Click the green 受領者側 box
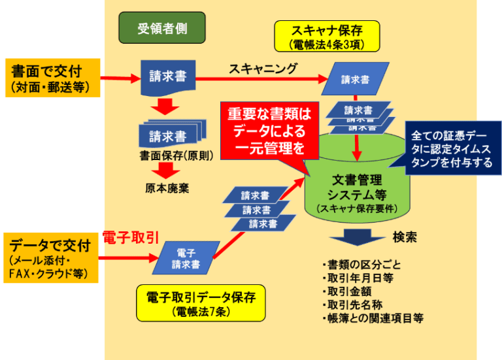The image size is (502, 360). coord(161,28)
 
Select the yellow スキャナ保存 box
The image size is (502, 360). coord(326,37)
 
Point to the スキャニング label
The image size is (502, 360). coord(263,69)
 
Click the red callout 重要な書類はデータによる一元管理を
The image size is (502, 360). coord(269,131)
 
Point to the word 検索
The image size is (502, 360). coord(405,237)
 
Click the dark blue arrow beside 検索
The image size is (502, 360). coord(357,237)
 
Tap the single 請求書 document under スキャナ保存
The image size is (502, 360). coord(356,79)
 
